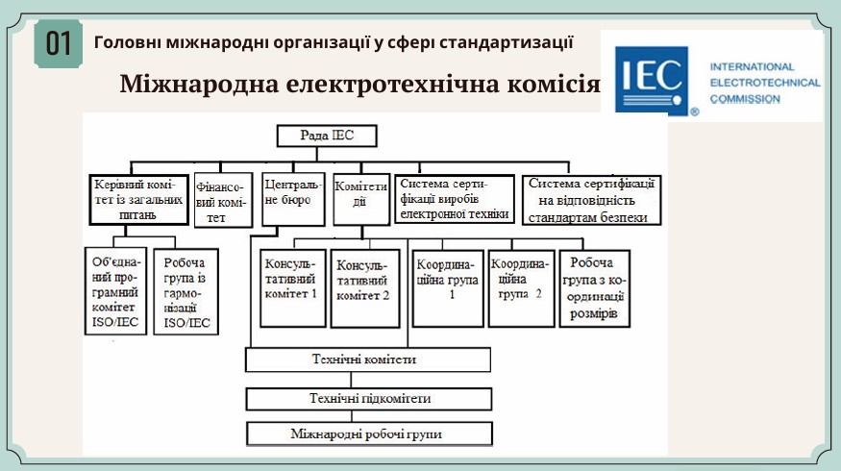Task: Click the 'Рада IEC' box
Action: pos(327,136)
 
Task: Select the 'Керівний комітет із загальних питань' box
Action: pos(139,200)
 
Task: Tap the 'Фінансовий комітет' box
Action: pos(223,200)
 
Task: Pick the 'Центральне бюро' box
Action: pos(293,199)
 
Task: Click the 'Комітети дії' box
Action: pos(361,199)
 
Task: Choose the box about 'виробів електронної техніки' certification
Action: pos(455,199)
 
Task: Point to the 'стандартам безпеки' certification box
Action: pos(592,200)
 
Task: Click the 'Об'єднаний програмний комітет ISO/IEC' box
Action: pos(116,290)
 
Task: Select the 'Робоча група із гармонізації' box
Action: pos(186,292)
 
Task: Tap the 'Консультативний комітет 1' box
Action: pos(293,288)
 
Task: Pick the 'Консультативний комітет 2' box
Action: pos(365,288)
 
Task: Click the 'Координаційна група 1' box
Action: pos(448,288)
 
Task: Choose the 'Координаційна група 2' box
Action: pos(521,288)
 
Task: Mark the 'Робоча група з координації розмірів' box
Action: pos(594,288)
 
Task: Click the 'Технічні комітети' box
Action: pos(368,359)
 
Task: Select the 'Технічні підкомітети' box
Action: pos(369,399)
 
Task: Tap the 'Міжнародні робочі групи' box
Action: pos(369,434)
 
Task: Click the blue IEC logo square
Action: pos(652,80)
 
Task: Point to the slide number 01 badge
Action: pos(59,44)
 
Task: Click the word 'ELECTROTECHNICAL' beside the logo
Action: pos(765,84)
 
